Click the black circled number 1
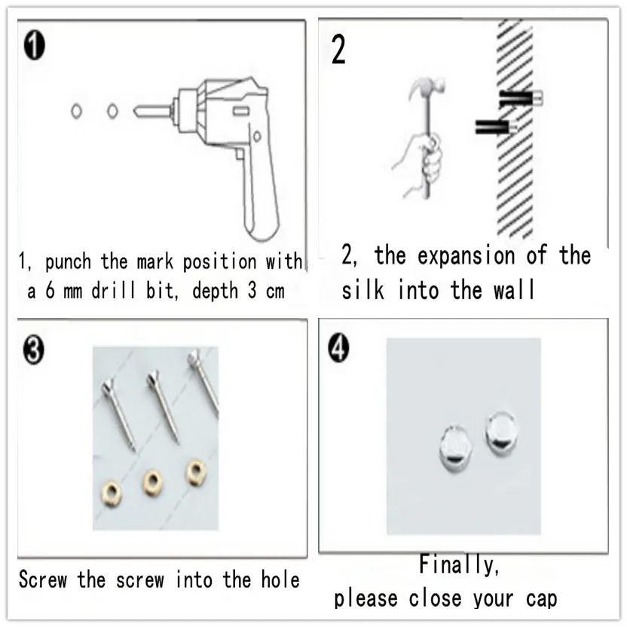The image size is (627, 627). coord(35,45)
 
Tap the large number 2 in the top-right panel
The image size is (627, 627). coord(338,50)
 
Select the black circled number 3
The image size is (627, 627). coord(34,350)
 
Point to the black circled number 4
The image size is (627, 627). coord(338,347)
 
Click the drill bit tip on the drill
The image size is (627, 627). coord(136,111)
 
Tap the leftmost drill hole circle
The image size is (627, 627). coord(76,111)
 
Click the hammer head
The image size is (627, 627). coord(427,86)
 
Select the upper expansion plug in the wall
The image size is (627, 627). coord(521,99)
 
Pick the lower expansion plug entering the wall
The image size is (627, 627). coord(496,127)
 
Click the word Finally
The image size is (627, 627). coord(459,564)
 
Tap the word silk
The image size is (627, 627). coord(362,289)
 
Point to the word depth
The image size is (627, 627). coord(215,291)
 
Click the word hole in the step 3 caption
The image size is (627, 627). coord(280,580)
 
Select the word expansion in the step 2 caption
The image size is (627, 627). coord(466,255)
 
